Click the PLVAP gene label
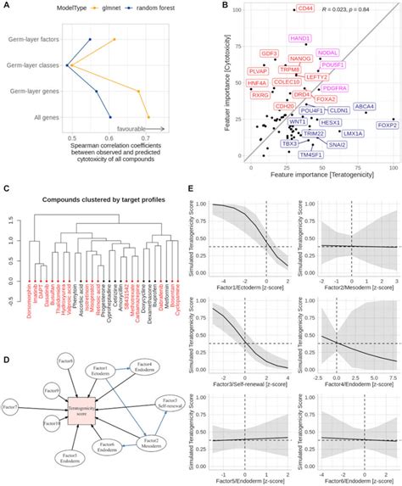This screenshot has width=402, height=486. (x=234, y=71)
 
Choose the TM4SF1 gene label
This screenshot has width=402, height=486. (x=308, y=155)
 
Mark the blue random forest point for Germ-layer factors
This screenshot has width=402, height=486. (x=91, y=39)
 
